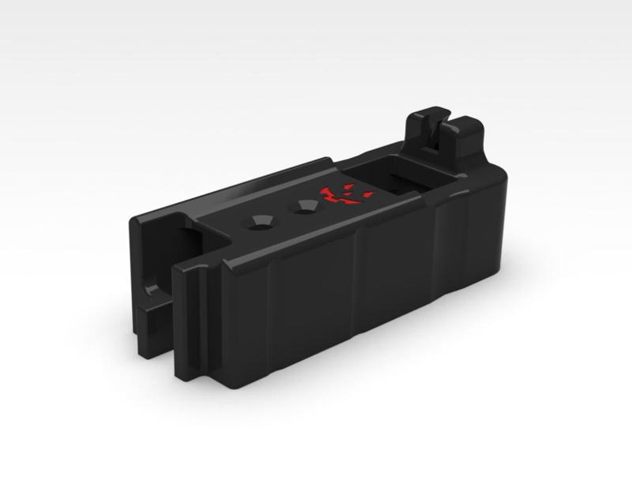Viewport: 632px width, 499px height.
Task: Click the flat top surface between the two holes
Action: point(281,215)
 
